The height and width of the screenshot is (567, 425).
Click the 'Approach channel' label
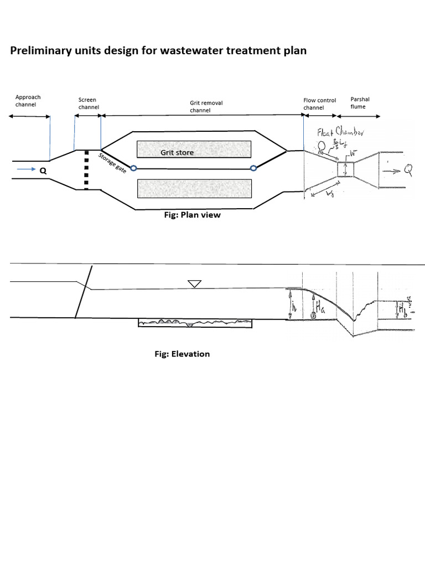[x=28, y=100]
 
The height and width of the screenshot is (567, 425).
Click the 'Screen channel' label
[x=87, y=104]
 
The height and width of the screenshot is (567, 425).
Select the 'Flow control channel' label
[x=319, y=104]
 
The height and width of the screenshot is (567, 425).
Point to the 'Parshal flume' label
[x=360, y=102]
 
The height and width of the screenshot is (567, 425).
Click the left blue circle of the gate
[x=133, y=168]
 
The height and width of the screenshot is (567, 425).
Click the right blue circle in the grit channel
[x=253, y=168]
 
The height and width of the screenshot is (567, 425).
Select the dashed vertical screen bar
[x=86, y=169]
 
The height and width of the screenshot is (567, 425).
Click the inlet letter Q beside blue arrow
[x=42, y=171]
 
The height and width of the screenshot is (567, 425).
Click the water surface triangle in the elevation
[x=194, y=284]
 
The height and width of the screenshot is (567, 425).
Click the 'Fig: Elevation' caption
[x=182, y=354]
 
